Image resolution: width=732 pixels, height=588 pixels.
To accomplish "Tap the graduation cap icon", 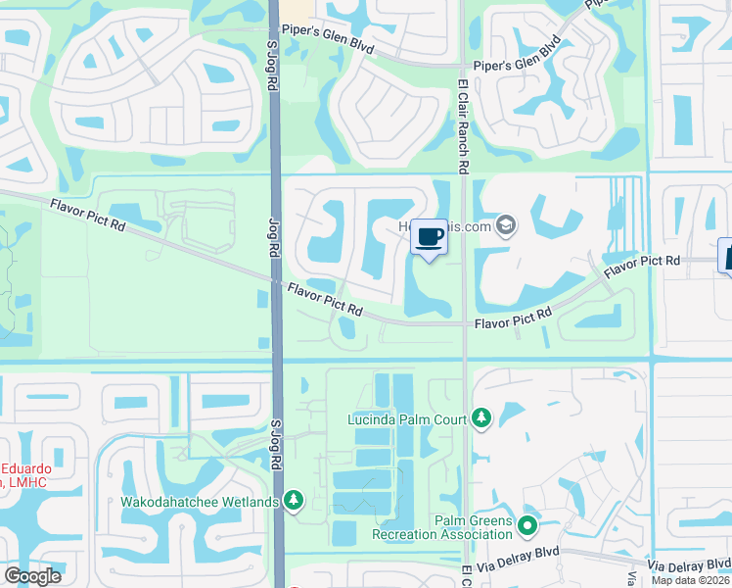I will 506,226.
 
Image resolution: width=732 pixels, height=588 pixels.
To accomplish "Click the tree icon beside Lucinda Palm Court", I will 480,419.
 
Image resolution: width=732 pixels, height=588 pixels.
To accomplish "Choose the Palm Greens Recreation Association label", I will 442,527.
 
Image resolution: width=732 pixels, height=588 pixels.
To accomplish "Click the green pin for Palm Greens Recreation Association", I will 528,527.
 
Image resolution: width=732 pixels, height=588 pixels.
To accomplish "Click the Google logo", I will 32,576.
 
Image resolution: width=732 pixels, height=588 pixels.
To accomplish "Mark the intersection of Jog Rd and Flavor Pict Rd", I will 276,281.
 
